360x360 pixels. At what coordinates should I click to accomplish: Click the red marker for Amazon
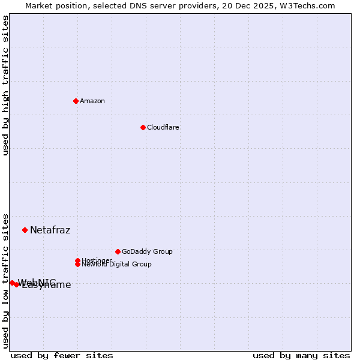[76, 101]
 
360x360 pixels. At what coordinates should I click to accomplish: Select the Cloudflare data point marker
[143, 127]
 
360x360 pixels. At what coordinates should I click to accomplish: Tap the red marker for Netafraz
[25, 230]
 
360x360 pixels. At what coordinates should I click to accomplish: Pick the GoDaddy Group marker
[118, 251]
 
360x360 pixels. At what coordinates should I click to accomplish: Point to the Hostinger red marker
[77, 260]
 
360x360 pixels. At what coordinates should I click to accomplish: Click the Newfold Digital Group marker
[77, 265]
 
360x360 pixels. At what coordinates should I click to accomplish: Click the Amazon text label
[92, 101]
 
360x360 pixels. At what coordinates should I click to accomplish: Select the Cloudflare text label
[163, 127]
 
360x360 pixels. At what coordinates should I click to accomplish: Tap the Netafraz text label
[50, 230]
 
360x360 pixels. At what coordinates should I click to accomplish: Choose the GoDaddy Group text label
[147, 251]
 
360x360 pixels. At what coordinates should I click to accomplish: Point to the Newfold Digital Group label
[117, 265]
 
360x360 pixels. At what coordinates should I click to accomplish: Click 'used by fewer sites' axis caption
[62, 355]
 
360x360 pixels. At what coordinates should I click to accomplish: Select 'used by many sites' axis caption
[301, 355]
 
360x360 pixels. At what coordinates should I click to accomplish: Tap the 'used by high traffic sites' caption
[5, 85]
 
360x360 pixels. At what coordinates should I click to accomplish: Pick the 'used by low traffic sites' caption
[5, 280]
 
